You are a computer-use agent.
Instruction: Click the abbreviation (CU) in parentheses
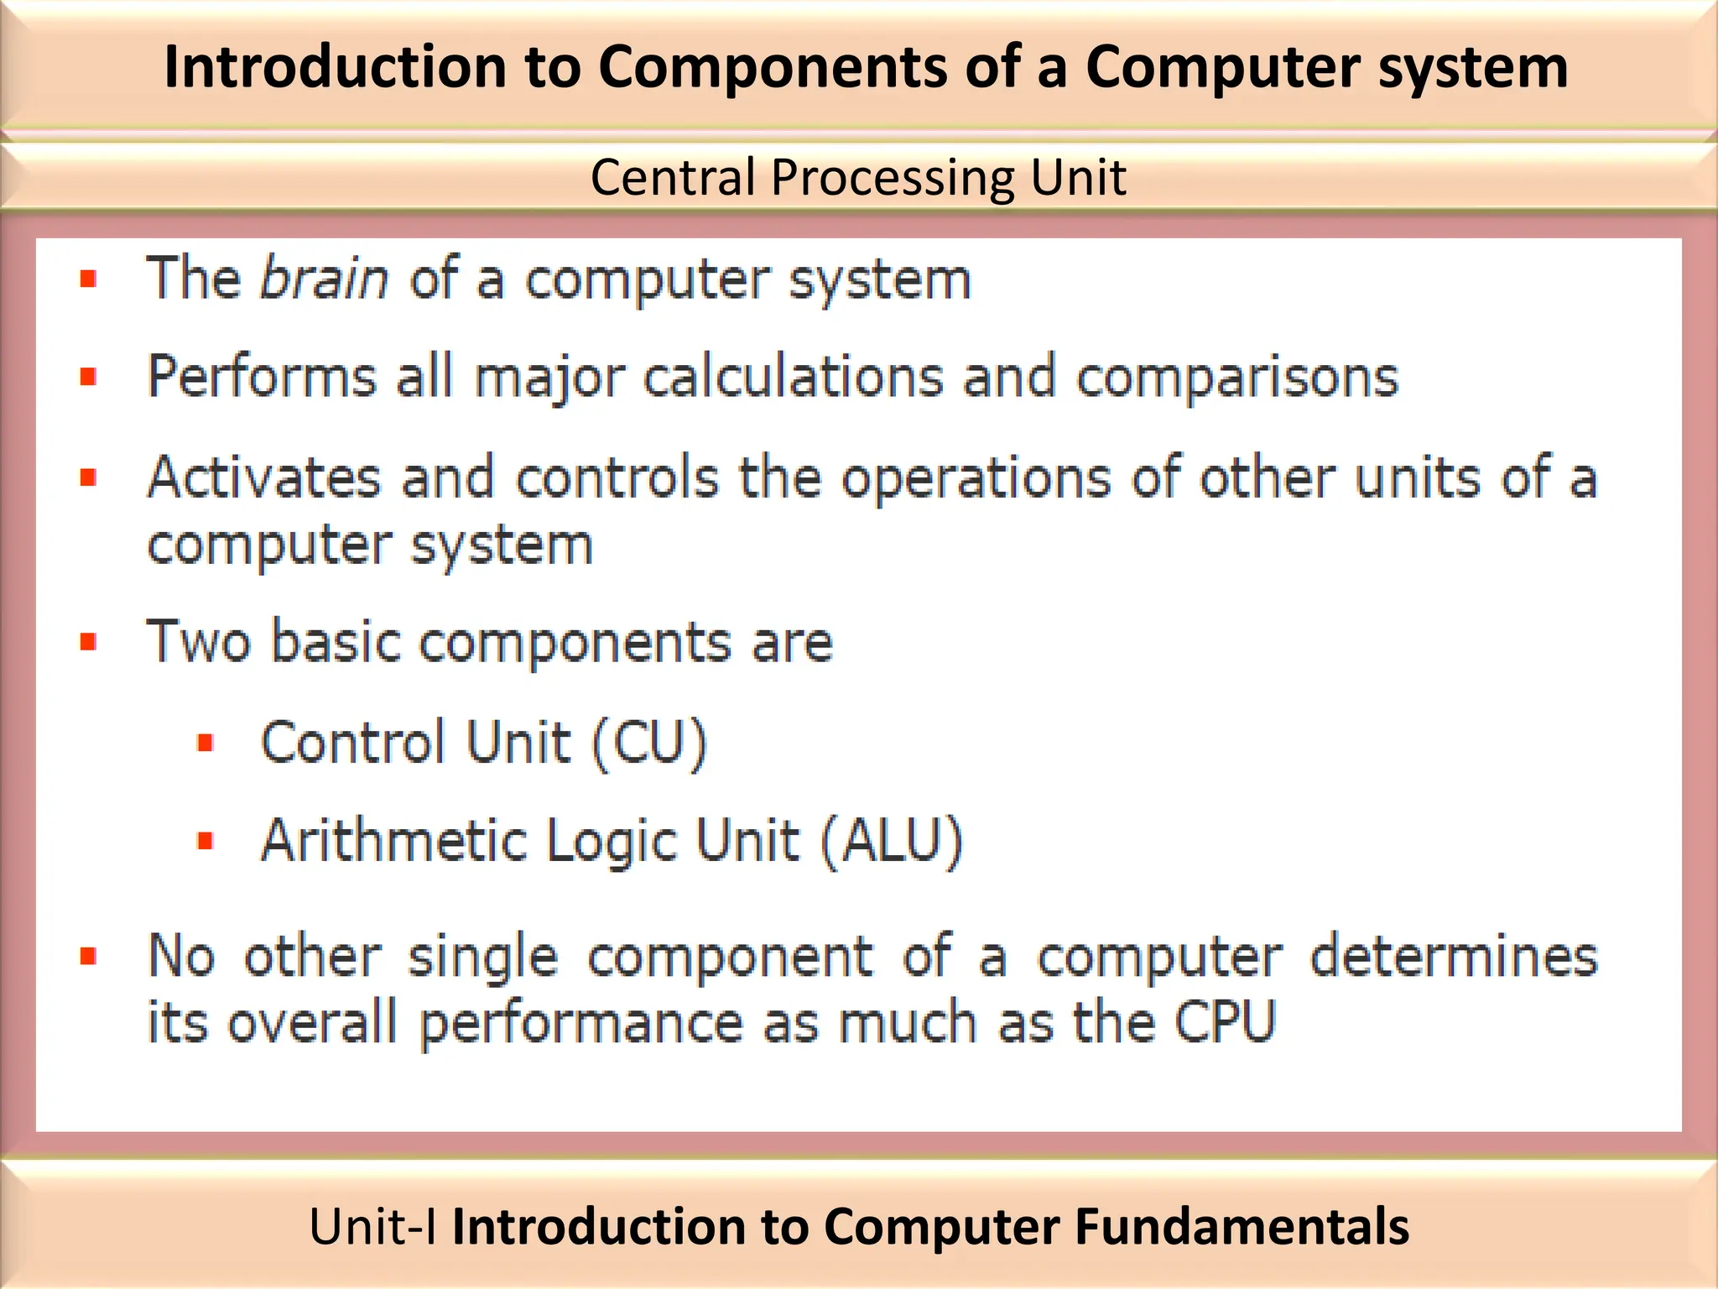point(649,743)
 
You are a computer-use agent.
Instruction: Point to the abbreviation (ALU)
point(891,841)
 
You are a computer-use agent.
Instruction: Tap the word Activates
point(263,478)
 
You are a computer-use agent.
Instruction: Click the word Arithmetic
point(394,841)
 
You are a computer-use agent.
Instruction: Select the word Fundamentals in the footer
point(1242,1227)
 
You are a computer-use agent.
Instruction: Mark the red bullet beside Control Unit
point(206,743)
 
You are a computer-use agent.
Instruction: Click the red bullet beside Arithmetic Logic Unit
point(206,841)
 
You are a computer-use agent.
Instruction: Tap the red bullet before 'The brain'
point(89,279)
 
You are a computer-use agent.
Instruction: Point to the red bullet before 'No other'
point(89,957)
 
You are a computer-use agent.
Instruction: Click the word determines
point(1453,957)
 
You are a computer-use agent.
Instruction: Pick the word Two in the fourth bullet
point(198,642)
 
